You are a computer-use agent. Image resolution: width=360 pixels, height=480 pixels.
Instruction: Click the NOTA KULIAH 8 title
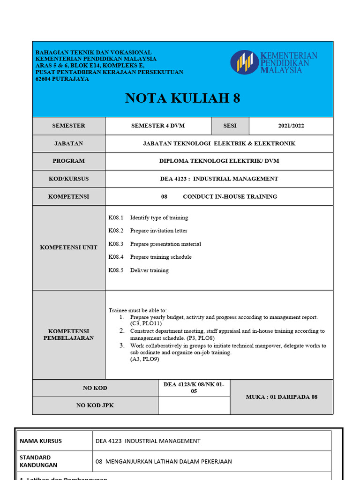coord(182,98)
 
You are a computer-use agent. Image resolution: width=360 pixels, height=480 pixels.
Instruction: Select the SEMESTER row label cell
coord(68,126)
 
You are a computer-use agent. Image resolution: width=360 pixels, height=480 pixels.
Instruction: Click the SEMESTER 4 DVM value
coord(157,126)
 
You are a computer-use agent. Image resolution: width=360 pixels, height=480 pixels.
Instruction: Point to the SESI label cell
coord(230,126)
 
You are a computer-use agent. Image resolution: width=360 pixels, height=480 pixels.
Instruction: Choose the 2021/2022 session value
coord(291,126)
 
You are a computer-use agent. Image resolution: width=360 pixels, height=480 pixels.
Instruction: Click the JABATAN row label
coord(68,143)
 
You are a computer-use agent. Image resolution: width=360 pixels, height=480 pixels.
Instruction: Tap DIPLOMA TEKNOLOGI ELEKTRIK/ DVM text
coord(219,161)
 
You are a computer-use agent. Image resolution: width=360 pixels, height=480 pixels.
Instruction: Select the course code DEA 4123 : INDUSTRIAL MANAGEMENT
coord(219,179)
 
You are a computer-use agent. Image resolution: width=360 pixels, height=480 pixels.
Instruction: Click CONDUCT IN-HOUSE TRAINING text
coord(230,196)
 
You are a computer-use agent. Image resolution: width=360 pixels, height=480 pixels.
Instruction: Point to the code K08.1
coord(115,217)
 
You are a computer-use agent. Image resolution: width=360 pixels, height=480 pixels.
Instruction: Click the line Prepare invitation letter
coord(158,231)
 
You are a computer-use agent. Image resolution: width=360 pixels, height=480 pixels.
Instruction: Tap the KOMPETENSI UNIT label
coord(68,247)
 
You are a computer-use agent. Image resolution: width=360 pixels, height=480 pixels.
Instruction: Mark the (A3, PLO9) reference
coord(145,359)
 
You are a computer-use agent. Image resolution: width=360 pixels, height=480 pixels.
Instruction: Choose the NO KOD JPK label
coord(95,405)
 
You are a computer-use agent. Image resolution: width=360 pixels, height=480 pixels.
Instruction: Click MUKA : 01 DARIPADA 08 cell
coord(281,397)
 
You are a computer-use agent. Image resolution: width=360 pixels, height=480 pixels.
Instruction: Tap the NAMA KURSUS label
coord(40,441)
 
